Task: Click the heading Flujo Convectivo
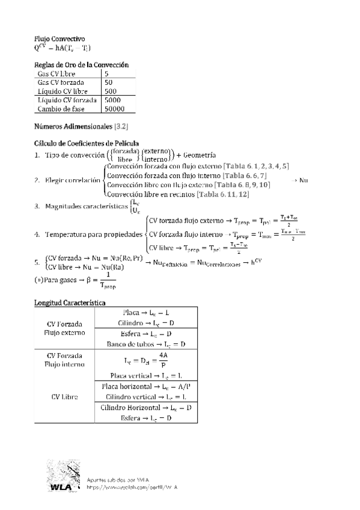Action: click(x=59, y=38)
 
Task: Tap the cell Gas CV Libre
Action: click(x=56, y=73)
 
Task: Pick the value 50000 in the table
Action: click(x=114, y=109)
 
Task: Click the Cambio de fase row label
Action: click(x=61, y=109)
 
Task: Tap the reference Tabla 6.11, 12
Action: click(x=223, y=194)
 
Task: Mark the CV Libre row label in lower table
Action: click(x=63, y=397)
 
